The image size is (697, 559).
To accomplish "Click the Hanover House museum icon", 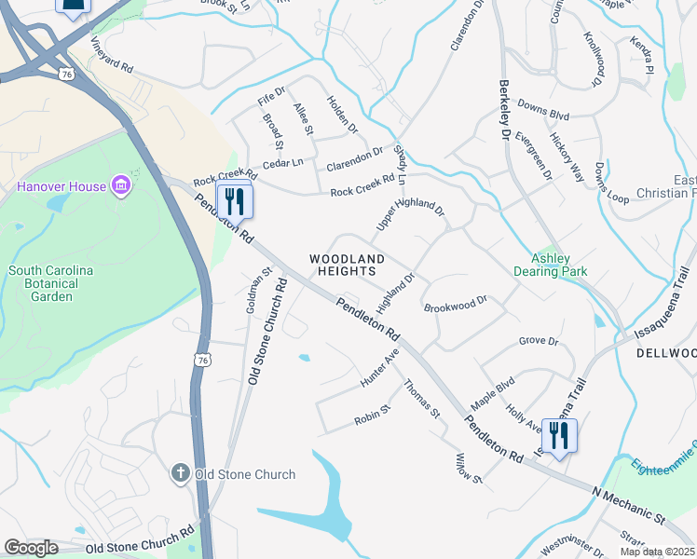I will [120, 186].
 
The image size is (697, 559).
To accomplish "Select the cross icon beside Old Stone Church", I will [182, 474].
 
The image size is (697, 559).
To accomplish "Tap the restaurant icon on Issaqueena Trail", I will [559, 435].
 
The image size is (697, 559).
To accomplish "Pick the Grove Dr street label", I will [538, 341].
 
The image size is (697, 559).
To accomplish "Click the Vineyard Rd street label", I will [113, 57].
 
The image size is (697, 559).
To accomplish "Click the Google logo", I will [31, 548].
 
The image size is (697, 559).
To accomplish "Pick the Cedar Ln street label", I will [283, 163].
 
